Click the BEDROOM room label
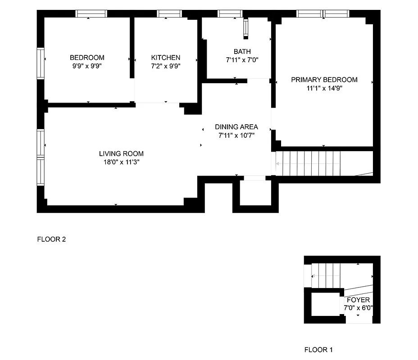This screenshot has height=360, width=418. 87,58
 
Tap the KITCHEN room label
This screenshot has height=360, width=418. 165,58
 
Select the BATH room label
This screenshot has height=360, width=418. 242,52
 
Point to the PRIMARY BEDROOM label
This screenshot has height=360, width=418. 324,80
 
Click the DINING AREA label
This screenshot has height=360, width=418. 236,127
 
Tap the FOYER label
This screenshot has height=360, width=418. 358,300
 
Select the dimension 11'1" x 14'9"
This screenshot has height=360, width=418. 324,88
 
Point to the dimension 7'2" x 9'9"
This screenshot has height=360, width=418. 165,66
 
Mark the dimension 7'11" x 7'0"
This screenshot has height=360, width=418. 242,60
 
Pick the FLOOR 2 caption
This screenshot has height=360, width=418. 51,239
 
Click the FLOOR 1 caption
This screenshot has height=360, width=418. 318,350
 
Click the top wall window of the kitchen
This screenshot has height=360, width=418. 168,14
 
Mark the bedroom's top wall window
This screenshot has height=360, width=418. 91,14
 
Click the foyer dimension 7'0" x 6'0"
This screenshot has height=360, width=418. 358,308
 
